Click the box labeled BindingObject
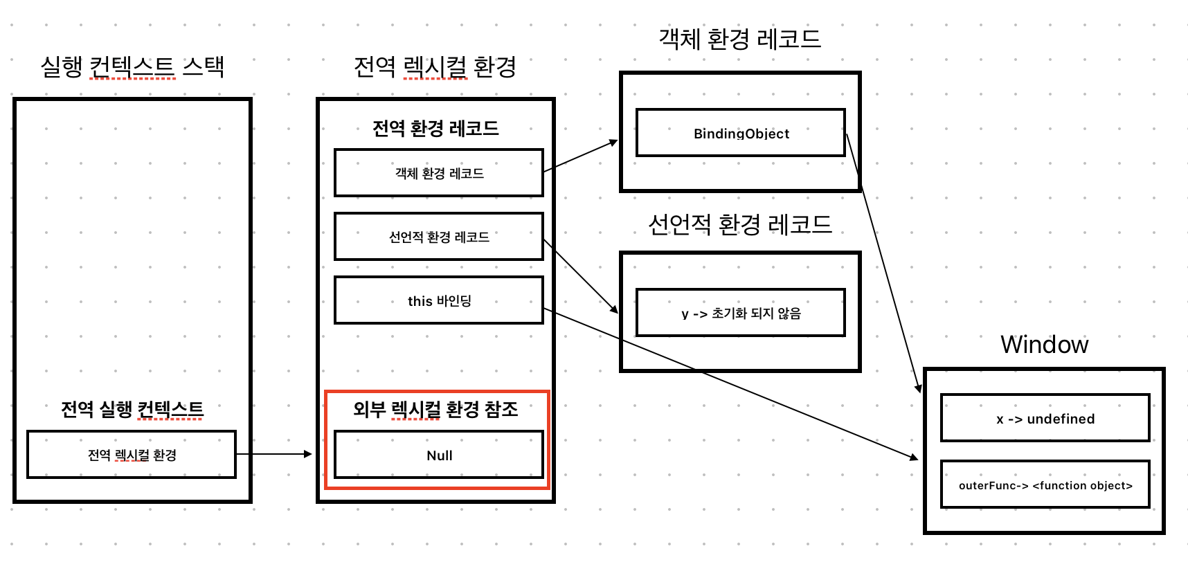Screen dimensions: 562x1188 coord(740,133)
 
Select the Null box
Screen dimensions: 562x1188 coord(439,455)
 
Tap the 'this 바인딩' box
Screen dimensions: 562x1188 coord(439,300)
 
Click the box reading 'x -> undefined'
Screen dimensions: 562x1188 coord(1045,418)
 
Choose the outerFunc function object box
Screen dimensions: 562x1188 coord(1045,484)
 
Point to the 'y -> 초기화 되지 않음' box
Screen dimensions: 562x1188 coord(740,313)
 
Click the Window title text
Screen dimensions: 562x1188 coord(1044,344)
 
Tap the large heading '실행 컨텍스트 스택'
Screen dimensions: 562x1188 coord(132,66)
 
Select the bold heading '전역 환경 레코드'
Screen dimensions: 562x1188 coord(435,128)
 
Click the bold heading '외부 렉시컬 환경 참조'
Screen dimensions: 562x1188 coord(435,409)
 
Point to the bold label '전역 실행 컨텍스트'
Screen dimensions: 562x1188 coord(132,409)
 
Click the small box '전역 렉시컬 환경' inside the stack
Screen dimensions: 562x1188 coord(132,455)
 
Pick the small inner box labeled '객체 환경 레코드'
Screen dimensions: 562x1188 coord(439,173)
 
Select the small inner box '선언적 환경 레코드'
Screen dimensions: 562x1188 coord(439,237)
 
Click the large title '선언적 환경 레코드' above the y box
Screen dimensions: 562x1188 coord(739,224)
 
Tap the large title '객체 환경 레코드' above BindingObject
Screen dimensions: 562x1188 coord(739,39)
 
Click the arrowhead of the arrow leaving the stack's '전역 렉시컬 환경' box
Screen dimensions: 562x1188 coord(309,454)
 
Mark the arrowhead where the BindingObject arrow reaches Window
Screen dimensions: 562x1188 coord(919,388)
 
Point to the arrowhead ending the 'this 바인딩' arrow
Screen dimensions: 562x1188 coord(915,457)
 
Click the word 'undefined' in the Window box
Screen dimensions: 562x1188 coord(1061,418)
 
